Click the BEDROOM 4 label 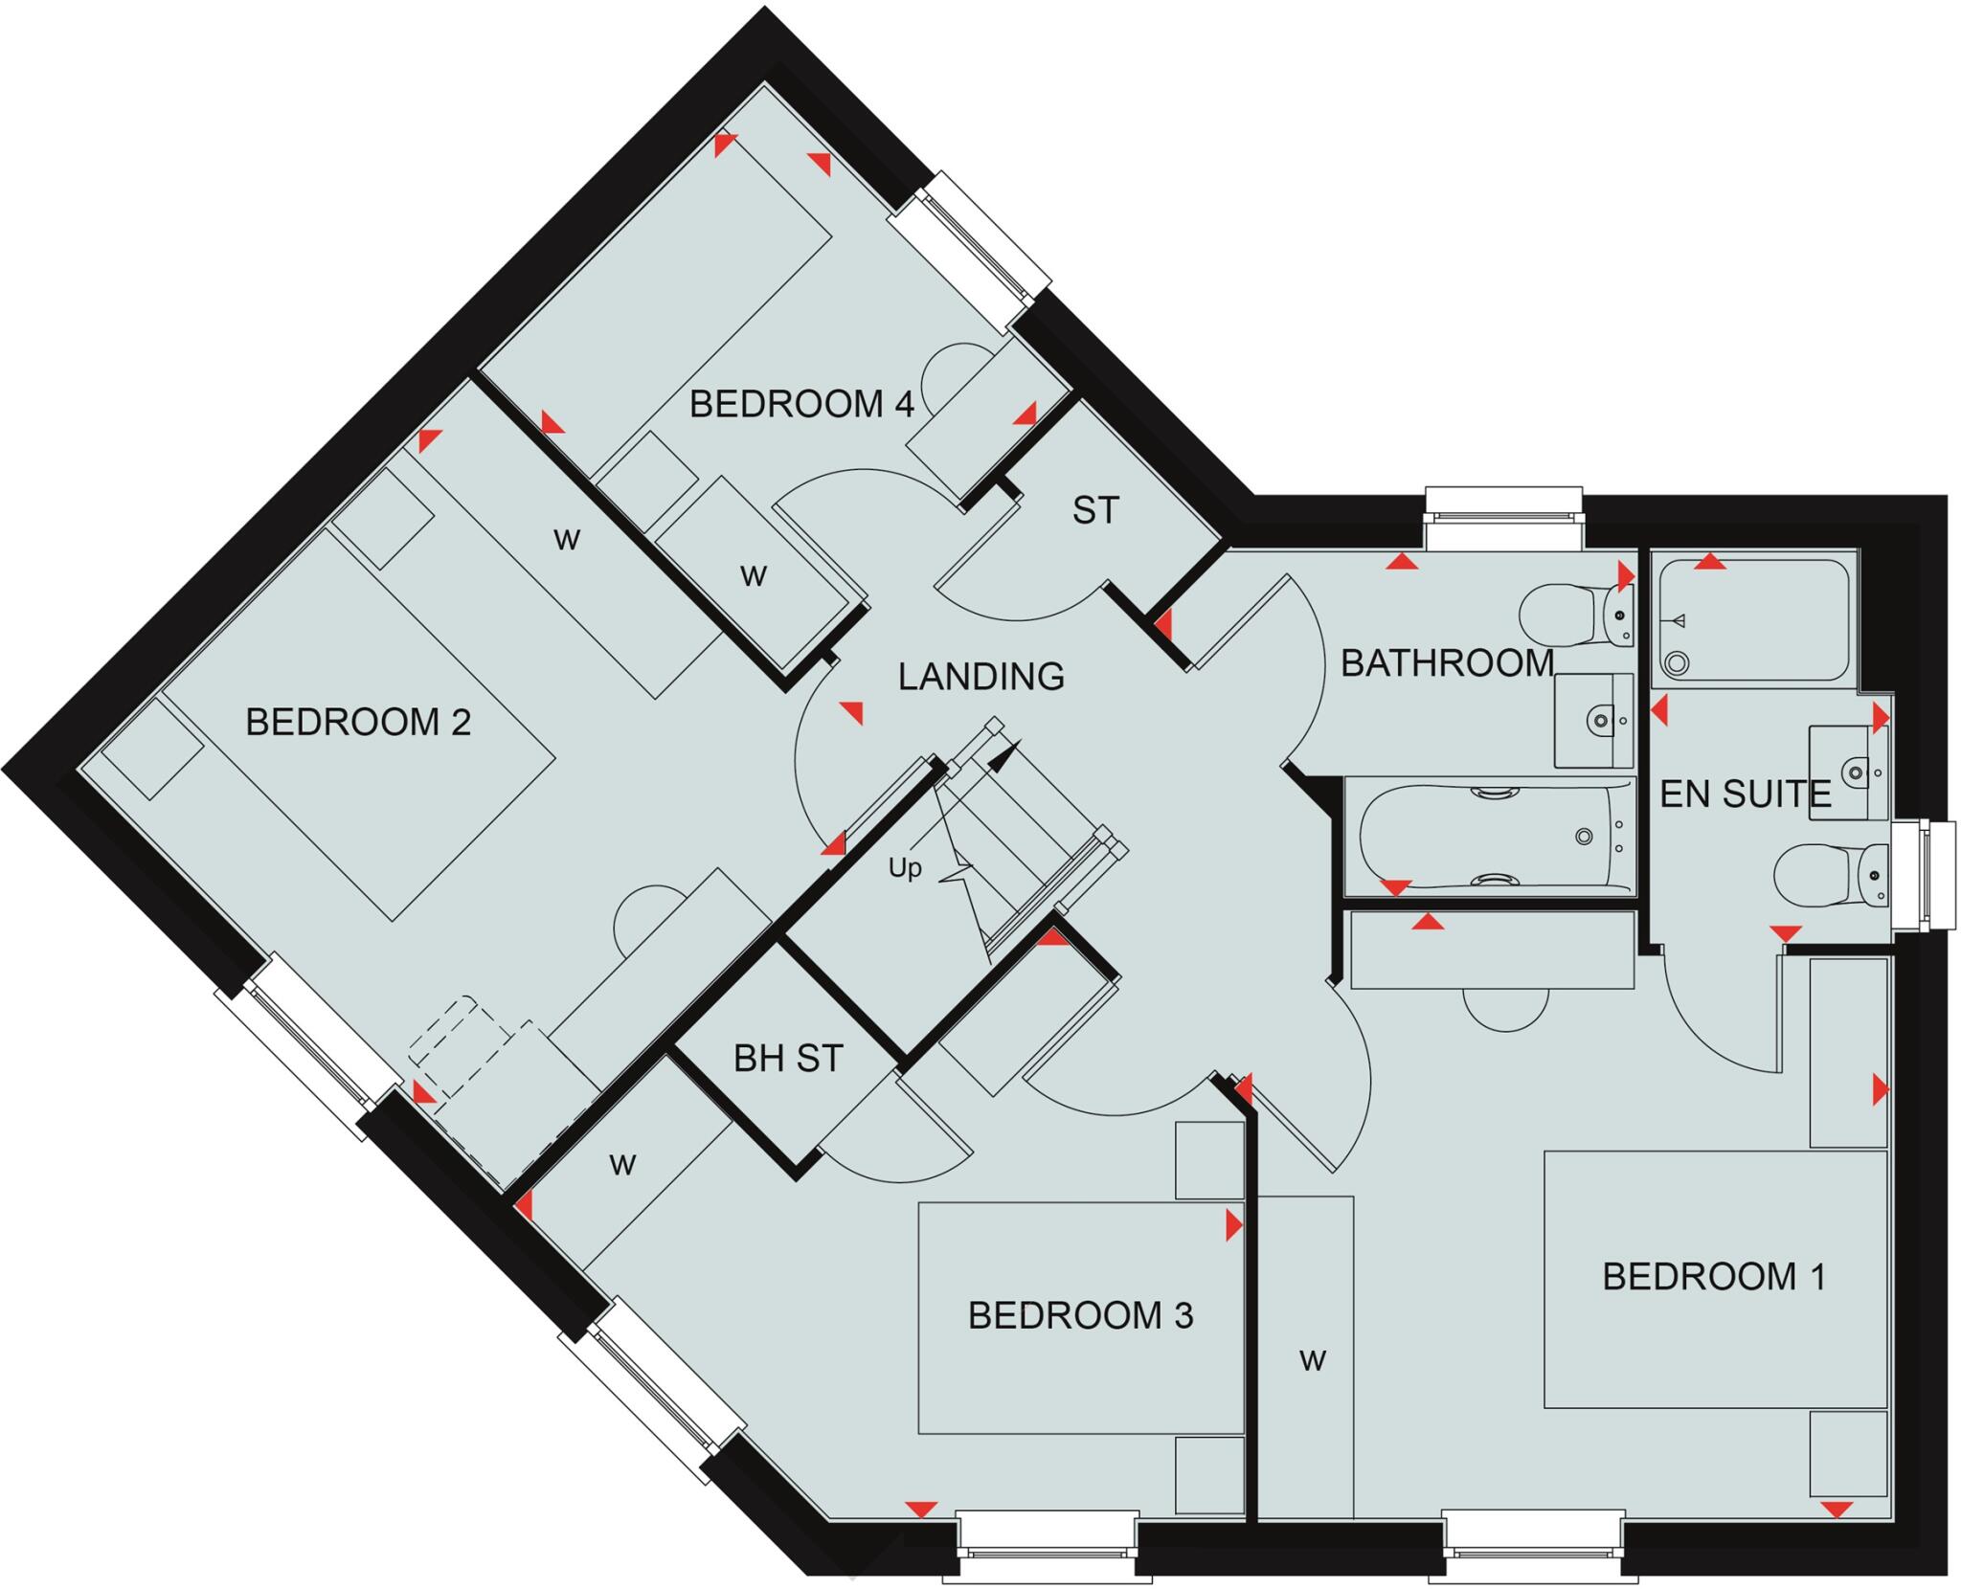801,404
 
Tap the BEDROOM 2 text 358,722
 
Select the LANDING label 980,677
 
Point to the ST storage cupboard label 1094,510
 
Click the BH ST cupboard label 787,1059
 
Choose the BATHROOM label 1446,663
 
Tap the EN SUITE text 1745,794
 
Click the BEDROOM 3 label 1080,1316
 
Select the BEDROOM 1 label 1714,1277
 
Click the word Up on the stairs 905,868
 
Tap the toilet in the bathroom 1570,615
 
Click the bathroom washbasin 1592,720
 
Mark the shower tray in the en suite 1752,620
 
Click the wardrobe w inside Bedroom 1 1312,1360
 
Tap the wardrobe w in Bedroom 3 622,1165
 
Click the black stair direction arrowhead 1003,757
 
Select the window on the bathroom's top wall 1502,518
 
